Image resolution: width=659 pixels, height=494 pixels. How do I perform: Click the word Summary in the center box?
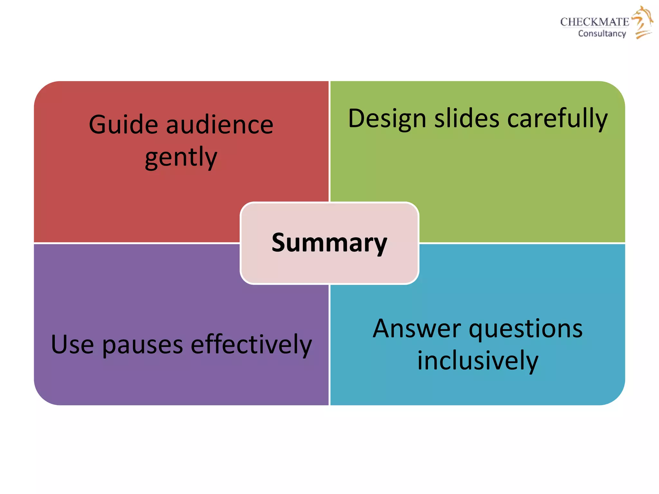[x=329, y=243]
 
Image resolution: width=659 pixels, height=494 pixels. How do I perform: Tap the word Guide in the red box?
[x=123, y=125]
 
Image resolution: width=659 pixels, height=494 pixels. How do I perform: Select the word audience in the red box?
[x=220, y=125]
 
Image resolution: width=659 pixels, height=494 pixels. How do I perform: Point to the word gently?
[x=181, y=158]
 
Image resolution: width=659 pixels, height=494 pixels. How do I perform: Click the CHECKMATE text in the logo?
[x=594, y=22]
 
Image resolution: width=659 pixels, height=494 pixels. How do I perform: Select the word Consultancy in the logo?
[x=602, y=33]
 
